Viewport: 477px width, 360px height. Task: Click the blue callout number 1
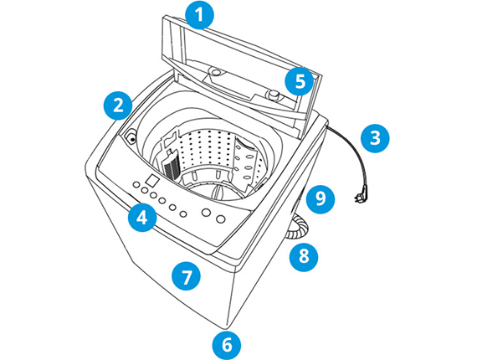(199, 15)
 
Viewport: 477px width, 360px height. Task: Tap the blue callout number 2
(118, 105)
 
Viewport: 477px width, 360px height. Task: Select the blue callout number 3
(375, 138)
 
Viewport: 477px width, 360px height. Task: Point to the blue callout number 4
(142, 218)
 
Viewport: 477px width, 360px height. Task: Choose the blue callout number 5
(300, 81)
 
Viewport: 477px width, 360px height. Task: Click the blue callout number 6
(226, 345)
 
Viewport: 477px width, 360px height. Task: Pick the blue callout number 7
(186, 276)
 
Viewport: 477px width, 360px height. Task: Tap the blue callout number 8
(304, 256)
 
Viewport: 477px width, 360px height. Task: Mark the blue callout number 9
(320, 198)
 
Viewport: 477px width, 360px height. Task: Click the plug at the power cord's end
(360, 194)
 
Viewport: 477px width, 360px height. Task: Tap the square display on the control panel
(151, 180)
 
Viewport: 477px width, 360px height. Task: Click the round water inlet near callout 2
(131, 136)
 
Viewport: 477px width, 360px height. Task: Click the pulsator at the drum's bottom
(218, 193)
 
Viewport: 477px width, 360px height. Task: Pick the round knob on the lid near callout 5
(273, 95)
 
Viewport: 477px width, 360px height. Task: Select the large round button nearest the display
(207, 212)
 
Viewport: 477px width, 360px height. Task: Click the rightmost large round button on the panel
(221, 219)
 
